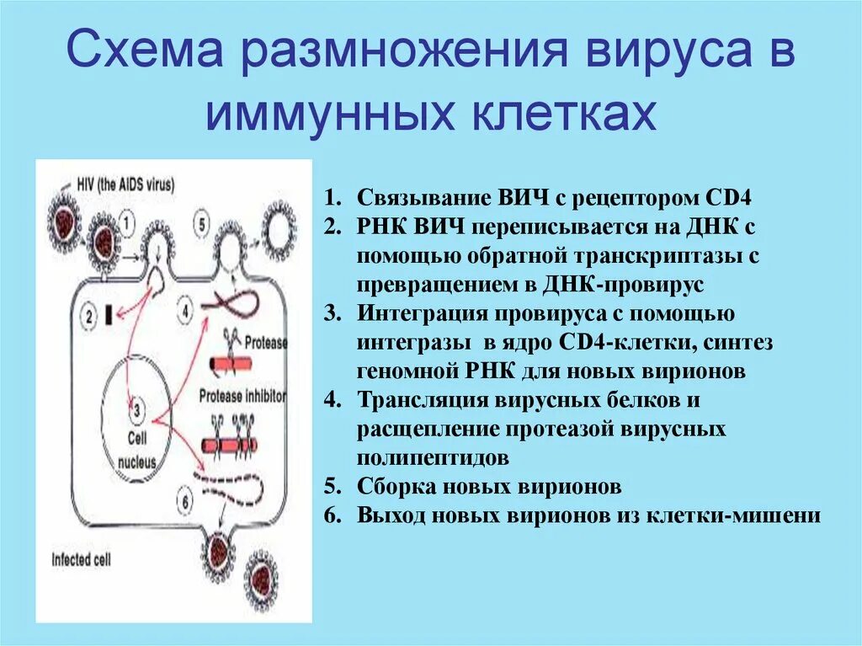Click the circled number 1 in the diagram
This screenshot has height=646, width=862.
[x=126, y=222]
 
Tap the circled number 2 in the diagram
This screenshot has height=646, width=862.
[x=88, y=318]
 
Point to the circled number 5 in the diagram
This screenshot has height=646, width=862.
[x=200, y=224]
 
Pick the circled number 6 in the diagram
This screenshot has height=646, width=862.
[x=186, y=499]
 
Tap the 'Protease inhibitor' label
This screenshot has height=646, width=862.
[x=243, y=395]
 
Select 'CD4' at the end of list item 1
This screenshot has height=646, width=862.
[x=730, y=199]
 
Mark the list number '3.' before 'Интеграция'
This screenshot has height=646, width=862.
[x=332, y=314]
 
